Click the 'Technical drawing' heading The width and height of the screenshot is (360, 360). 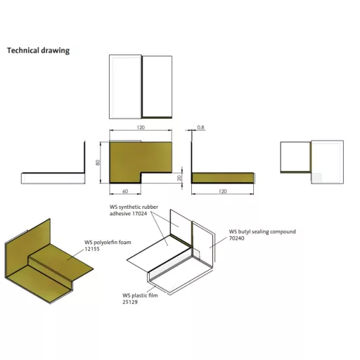click(x=38, y=51)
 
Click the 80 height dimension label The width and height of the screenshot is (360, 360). click(x=98, y=162)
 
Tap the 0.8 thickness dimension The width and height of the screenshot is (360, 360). click(x=200, y=127)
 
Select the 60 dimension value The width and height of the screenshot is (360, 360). click(x=125, y=191)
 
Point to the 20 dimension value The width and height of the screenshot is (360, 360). click(x=179, y=178)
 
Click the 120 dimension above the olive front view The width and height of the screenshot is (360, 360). click(x=141, y=127)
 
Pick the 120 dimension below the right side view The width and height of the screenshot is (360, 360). click(x=222, y=191)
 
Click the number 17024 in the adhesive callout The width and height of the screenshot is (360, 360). click(x=139, y=214)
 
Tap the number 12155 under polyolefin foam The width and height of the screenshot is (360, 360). click(x=92, y=249)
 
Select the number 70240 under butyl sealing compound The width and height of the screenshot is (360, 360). click(x=237, y=238)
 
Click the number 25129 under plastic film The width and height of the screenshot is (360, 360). click(x=130, y=302)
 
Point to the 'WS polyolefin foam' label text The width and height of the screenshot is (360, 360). click(x=108, y=243)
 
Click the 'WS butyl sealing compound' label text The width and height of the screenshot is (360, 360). click(x=262, y=231)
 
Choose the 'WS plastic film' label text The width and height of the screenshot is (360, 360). click(x=140, y=295)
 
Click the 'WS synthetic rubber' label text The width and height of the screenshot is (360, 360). click(x=134, y=207)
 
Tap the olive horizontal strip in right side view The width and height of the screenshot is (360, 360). click(x=222, y=178)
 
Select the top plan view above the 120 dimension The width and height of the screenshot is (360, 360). click(x=141, y=86)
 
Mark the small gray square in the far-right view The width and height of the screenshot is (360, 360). click(x=316, y=178)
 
